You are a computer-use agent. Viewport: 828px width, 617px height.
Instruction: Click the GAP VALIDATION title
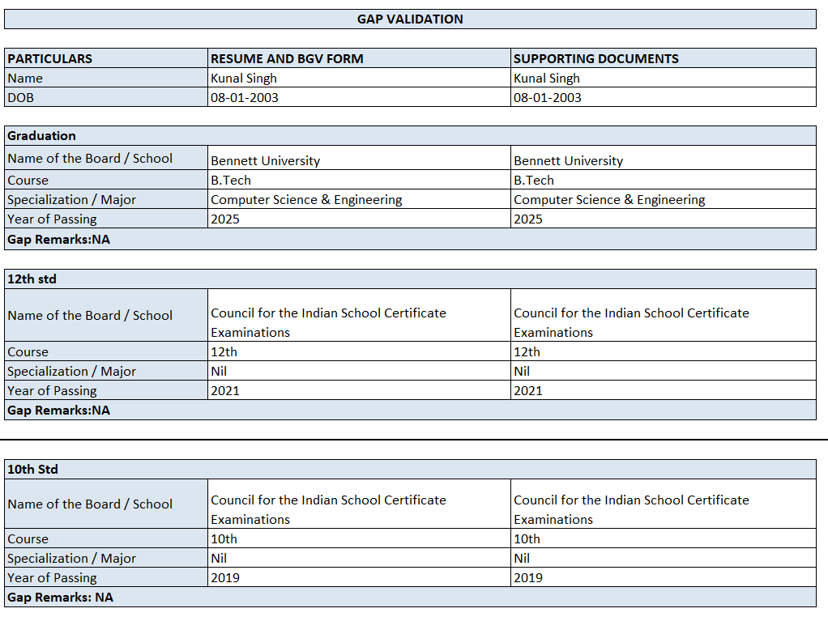point(410,19)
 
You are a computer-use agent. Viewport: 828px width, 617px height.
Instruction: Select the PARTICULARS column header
point(50,58)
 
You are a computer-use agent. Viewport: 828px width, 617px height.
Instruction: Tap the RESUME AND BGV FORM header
point(287,58)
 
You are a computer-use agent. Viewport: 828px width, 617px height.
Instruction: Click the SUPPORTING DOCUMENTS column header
point(596,58)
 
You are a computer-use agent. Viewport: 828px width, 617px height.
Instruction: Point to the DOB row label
point(21,97)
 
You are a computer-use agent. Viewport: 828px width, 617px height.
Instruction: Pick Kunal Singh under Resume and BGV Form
point(244,79)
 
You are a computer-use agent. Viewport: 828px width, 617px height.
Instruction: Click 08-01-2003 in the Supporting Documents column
point(548,97)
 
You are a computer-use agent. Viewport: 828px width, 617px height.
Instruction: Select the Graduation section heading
point(41,136)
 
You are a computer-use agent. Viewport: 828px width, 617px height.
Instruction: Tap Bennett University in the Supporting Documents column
point(568,160)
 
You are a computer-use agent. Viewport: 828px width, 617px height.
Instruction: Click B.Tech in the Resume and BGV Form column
point(231,180)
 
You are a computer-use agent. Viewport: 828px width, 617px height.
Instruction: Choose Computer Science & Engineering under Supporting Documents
point(609,199)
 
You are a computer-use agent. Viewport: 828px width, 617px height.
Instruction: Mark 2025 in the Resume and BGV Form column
point(225,219)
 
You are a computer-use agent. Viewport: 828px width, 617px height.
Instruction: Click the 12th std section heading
point(32,279)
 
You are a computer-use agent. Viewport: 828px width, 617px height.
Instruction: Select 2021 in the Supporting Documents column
point(528,390)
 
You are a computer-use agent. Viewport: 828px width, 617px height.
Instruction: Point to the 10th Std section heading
point(32,470)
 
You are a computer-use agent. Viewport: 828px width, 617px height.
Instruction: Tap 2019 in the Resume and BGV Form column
point(225,577)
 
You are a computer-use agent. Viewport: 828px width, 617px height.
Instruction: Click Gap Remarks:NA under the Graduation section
point(58,240)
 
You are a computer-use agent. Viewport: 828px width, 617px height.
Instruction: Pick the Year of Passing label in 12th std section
point(52,390)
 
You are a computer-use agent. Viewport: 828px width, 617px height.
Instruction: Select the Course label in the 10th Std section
point(28,538)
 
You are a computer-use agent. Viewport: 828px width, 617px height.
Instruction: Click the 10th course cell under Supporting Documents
point(527,538)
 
